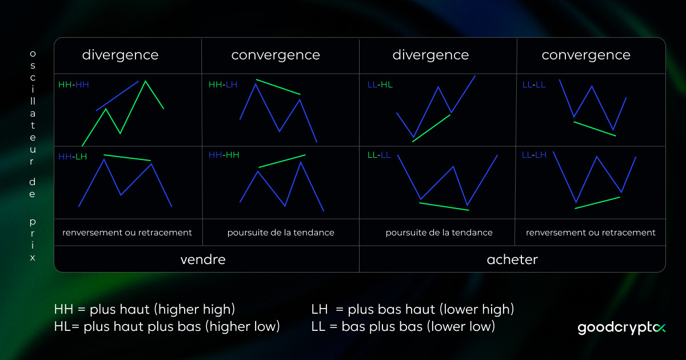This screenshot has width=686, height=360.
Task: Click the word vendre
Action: pos(203,259)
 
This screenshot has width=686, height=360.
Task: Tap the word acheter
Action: pos(512,259)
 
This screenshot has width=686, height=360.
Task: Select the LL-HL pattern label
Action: pos(380,85)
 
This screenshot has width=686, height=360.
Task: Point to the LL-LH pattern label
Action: pos(534,155)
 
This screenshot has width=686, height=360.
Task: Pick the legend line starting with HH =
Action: pos(145,310)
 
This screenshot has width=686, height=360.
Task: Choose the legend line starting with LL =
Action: pos(403,327)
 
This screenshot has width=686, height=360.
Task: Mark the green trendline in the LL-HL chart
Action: pos(431,127)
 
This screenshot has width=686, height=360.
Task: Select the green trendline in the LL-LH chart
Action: pos(597,202)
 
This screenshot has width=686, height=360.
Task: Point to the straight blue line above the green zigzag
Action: pos(117,95)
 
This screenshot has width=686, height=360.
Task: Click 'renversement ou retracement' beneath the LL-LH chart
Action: pos(591,233)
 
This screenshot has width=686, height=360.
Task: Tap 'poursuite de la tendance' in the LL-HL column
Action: pos(438,233)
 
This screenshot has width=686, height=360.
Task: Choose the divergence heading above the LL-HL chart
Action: pos(430,55)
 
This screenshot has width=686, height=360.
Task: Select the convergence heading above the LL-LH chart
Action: pos(586,55)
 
